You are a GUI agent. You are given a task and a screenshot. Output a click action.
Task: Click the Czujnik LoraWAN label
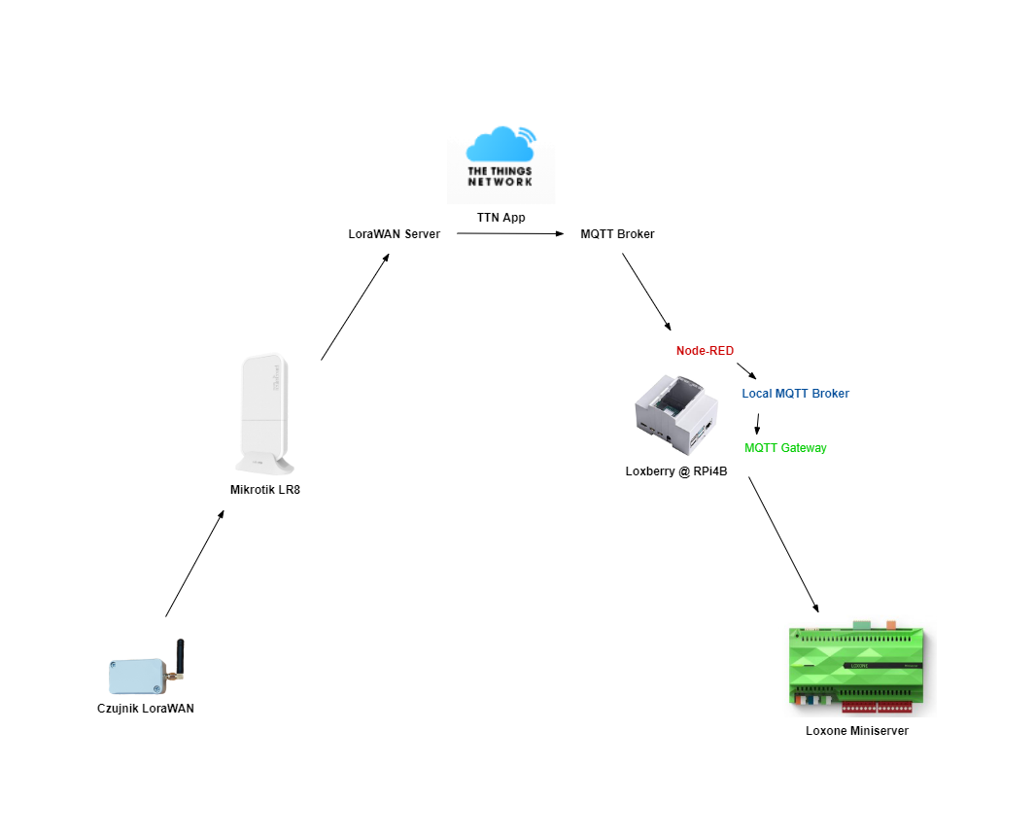pyautogui.click(x=146, y=709)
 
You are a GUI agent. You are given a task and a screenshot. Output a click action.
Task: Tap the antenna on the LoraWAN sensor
pyautogui.click(x=179, y=655)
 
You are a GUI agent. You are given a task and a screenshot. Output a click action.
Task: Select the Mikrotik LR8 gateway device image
pyautogui.click(x=264, y=414)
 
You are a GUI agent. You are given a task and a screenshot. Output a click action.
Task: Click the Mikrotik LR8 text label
pyautogui.click(x=265, y=490)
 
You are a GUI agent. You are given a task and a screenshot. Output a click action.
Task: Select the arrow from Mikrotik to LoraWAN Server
pyautogui.click(x=355, y=307)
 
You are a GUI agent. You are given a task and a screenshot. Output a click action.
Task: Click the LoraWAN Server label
pyautogui.click(x=395, y=234)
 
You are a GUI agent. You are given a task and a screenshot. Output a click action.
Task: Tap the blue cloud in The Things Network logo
pyautogui.click(x=498, y=146)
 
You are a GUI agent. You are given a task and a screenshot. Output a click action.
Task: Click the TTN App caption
pyautogui.click(x=500, y=218)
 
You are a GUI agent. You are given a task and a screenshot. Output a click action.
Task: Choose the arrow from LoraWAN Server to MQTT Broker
pyautogui.click(x=510, y=234)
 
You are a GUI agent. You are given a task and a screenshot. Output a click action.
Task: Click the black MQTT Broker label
pyautogui.click(x=617, y=234)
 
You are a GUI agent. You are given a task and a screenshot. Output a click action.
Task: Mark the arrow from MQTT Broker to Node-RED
pyautogui.click(x=646, y=292)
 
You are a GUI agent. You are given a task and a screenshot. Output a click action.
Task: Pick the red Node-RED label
pyautogui.click(x=705, y=351)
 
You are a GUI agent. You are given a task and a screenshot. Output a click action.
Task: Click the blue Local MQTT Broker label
pyautogui.click(x=795, y=394)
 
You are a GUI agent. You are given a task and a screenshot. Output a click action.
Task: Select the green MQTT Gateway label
pyautogui.click(x=785, y=448)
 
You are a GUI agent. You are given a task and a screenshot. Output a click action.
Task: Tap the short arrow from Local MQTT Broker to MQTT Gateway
pyautogui.click(x=758, y=422)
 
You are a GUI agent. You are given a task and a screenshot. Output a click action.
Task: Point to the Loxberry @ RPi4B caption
pyautogui.click(x=676, y=471)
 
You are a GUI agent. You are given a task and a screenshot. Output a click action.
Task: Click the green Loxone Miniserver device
pyautogui.click(x=856, y=667)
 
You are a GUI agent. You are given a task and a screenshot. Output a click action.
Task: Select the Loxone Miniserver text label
pyautogui.click(x=856, y=731)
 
